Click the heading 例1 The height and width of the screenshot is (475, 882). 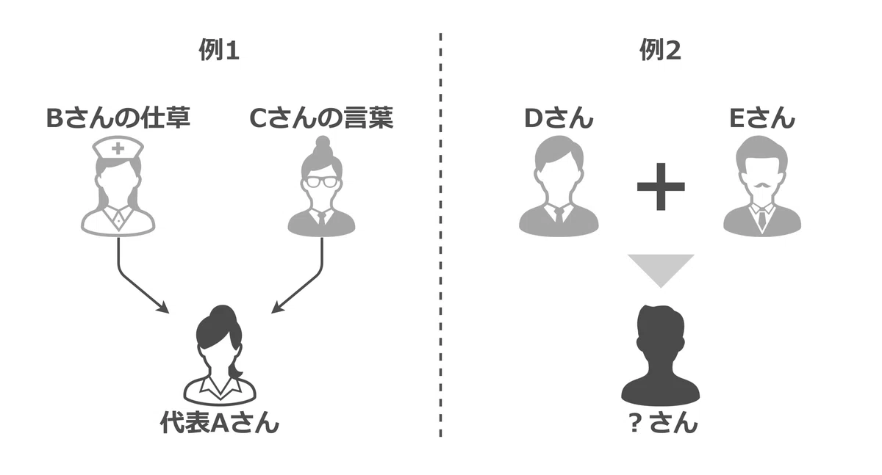coord(219,51)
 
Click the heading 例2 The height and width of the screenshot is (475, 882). coord(660,51)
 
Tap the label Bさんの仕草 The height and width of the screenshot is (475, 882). coord(118,118)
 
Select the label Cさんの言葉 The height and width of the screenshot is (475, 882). coord(321,118)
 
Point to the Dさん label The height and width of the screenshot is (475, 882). coord(559,118)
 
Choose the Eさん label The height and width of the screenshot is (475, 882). coord(762,118)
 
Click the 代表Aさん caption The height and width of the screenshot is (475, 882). coord(219,423)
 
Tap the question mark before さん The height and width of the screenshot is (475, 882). coord(634,424)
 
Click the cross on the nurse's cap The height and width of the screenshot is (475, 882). coord(118,148)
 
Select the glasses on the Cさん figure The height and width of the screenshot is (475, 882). coord(322,182)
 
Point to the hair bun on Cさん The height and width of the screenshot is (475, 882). coord(323,142)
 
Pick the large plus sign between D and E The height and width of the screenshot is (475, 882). coord(661,186)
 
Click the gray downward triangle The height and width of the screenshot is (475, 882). coord(661,270)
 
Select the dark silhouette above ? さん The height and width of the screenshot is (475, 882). coord(660,356)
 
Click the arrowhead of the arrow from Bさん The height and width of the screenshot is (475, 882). coord(163,308)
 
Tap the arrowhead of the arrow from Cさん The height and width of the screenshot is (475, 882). coord(277,308)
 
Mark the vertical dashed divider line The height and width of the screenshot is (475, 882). coord(440,235)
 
